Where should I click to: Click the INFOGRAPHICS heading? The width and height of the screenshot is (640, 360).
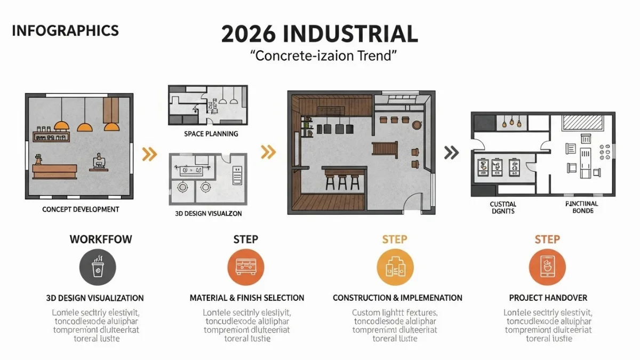tap(65, 30)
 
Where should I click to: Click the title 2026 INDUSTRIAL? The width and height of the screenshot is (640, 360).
tap(319, 34)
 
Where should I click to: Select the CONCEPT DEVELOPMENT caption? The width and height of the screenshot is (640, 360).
tap(81, 210)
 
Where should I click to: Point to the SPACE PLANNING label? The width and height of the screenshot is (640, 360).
tap(211, 134)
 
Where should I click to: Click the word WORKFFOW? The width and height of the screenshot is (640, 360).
tap(100, 239)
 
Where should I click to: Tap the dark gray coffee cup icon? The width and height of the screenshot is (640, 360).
tap(98, 268)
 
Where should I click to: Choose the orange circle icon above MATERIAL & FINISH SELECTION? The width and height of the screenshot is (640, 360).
tap(246, 268)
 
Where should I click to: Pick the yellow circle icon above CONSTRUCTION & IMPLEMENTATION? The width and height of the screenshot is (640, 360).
tap(395, 268)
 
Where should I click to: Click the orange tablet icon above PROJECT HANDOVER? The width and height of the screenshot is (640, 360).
tap(547, 268)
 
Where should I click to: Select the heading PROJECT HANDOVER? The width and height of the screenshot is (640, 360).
tap(548, 298)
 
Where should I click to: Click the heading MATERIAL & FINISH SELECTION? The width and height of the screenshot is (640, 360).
tap(247, 298)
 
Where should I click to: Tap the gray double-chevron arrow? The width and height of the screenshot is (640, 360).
tap(451, 153)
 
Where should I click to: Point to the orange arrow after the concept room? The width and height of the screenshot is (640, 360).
tap(150, 155)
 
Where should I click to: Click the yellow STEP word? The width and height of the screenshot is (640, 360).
tap(395, 239)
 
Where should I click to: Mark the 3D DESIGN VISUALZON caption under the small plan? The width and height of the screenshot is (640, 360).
tap(209, 213)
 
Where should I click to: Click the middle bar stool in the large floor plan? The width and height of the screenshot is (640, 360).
tap(342, 182)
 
